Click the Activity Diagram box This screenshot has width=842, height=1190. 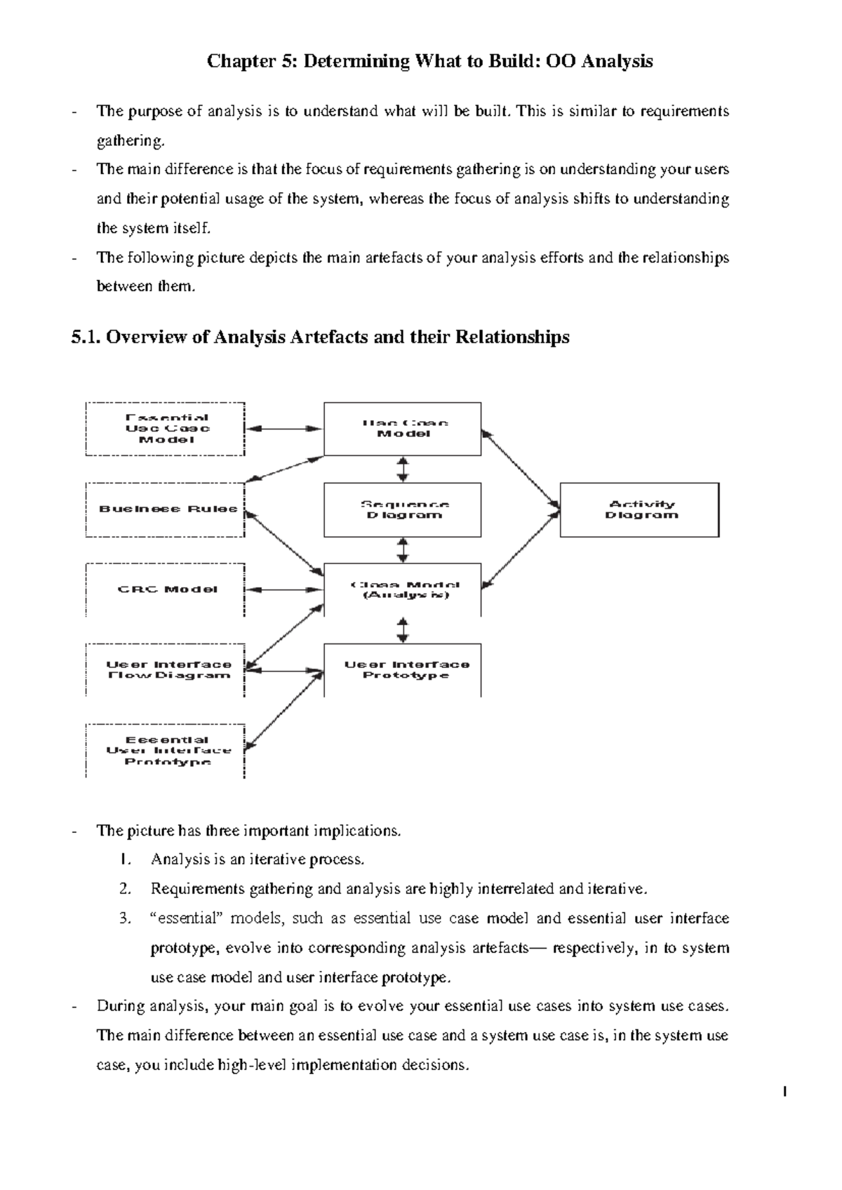click(x=639, y=509)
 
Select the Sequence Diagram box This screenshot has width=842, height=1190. click(x=402, y=509)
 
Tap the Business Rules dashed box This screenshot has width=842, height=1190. click(x=166, y=509)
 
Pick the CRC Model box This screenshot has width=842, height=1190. click(x=166, y=589)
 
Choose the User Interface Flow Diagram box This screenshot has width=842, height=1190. click(x=166, y=669)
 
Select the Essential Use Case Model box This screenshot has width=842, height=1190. click(x=166, y=429)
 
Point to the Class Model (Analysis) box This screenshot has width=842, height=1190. click(x=402, y=589)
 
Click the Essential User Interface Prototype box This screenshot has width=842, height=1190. click(x=166, y=750)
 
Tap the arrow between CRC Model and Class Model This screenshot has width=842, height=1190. click(x=284, y=590)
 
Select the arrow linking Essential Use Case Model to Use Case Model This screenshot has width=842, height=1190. click(x=284, y=428)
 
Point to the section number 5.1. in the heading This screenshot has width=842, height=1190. click(x=86, y=337)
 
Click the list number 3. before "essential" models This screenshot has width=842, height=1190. click(x=125, y=918)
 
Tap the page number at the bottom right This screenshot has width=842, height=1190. click(x=784, y=1092)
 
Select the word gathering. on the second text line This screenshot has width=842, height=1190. click(x=131, y=140)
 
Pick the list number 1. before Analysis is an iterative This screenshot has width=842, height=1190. click(x=125, y=860)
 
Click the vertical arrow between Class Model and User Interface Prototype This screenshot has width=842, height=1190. click(x=403, y=629)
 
